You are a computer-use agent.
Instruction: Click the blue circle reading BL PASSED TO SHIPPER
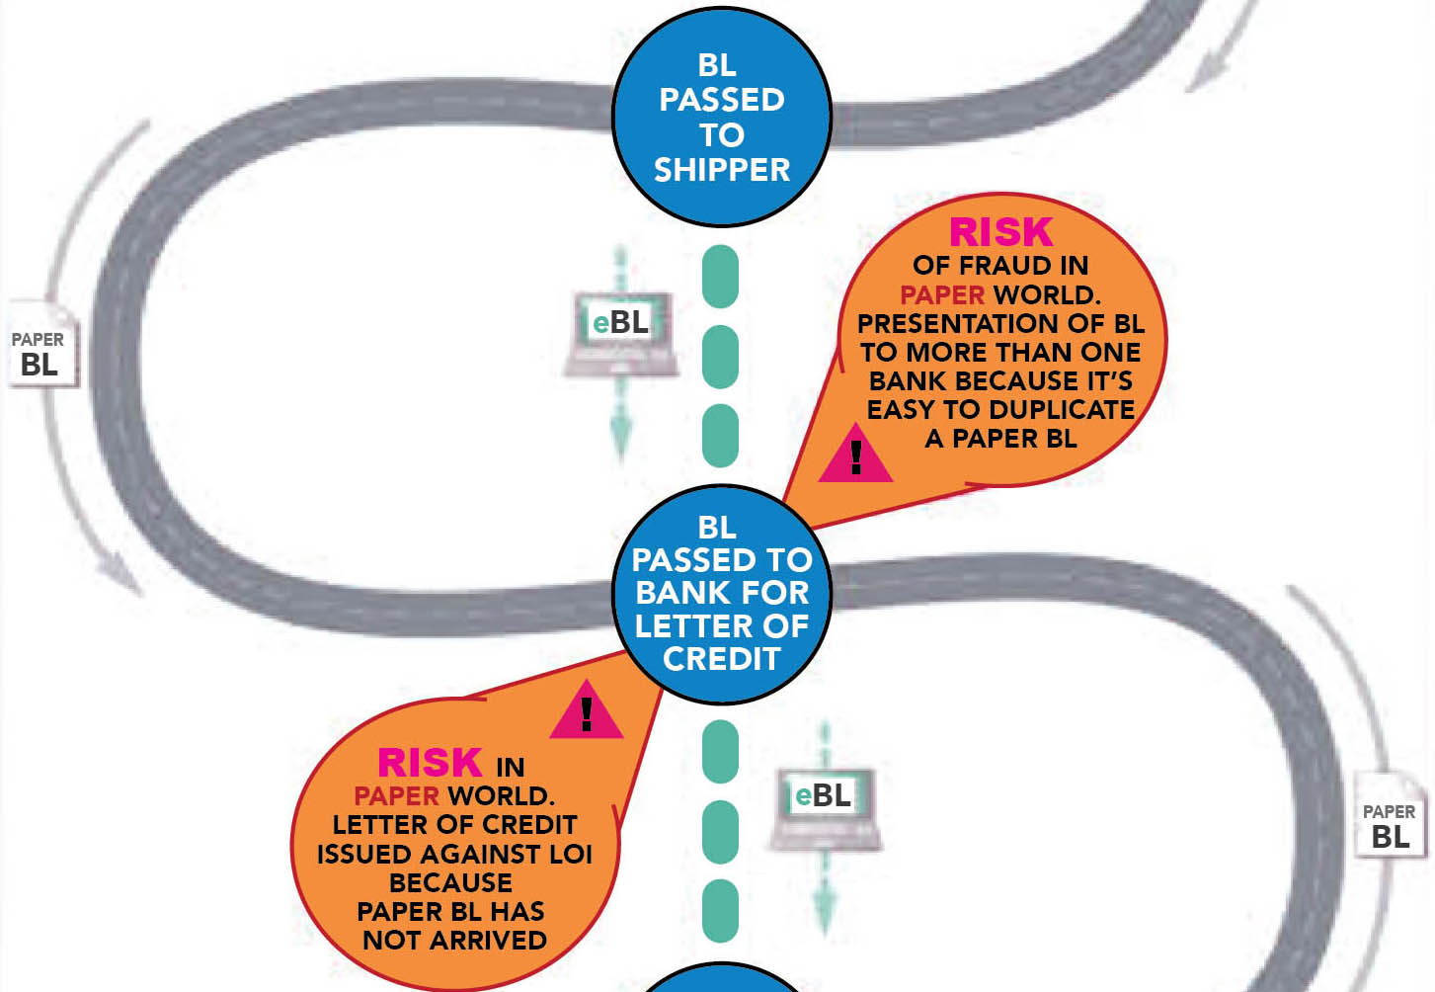tap(721, 117)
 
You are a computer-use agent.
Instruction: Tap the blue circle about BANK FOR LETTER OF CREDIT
tap(721, 593)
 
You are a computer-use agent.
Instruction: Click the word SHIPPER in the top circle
tap(721, 170)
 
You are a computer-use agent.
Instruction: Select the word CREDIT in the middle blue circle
tap(721, 659)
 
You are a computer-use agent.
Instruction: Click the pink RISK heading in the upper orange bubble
tap(1000, 232)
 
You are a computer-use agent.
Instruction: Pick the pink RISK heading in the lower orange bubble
tap(430, 763)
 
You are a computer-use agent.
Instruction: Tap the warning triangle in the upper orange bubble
tap(855, 456)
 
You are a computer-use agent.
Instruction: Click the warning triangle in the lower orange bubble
tap(587, 712)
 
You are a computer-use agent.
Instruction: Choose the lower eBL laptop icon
tap(825, 805)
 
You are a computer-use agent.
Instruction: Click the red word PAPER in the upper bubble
tap(942, 294)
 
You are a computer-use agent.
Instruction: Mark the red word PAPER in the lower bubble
tap(396, 795)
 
